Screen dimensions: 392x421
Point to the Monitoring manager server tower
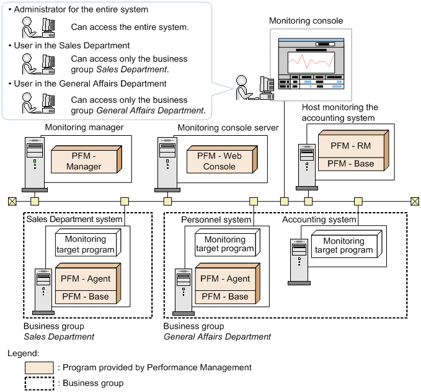pyautogui.click(x=33, y=163)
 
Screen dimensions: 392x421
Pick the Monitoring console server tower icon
pyautogui.click(x=167, y=163)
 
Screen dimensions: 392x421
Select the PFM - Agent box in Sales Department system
pyautogui.click(x=85, y=278)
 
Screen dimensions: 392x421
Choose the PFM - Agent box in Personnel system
pyautogui.click(x=225, y=278)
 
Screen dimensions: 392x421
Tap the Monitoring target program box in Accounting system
pyautogui.click(x=343, y=246)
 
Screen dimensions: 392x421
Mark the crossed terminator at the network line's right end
pyautogui.click(x=415, y=201)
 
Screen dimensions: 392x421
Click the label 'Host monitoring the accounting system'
pyautogui.click(x=340, y=112)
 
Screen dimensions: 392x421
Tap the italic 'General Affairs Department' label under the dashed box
pyautogui.click(x=217, y=337)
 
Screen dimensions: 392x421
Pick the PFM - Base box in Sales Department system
pyautogui.click(x=85, y=296)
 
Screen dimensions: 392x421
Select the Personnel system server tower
pyautogui.click(x=182, y=290)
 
